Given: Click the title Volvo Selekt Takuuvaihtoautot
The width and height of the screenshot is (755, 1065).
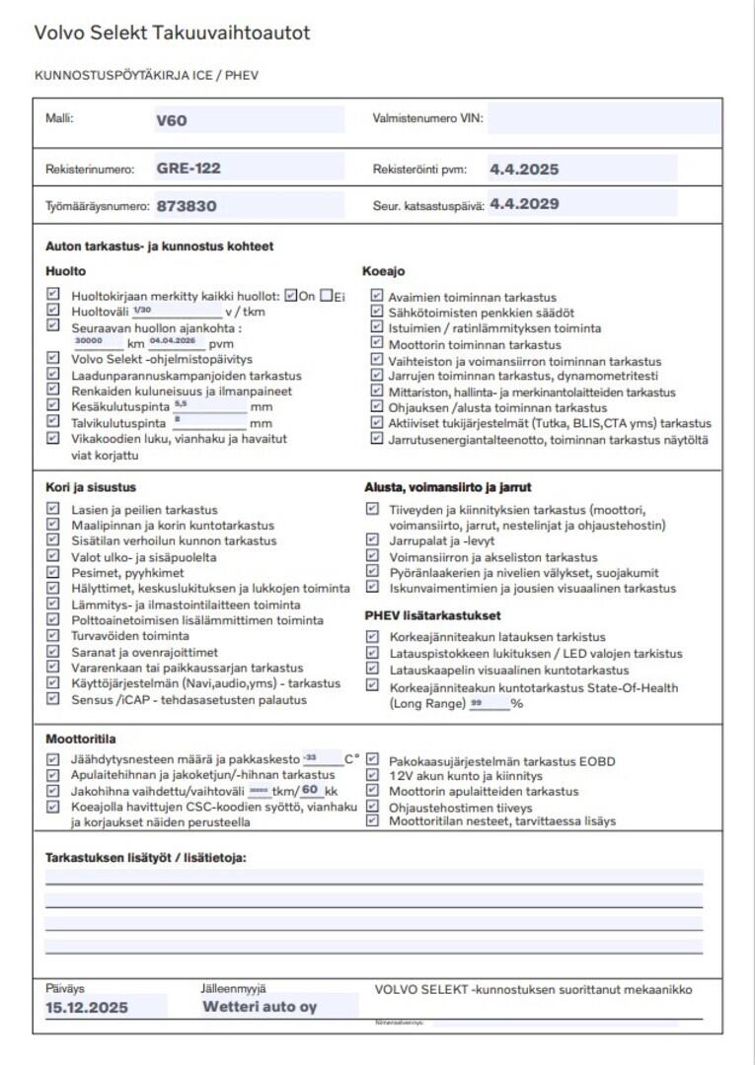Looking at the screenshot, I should pos(172,34).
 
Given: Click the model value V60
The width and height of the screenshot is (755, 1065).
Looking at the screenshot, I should pos(171,121).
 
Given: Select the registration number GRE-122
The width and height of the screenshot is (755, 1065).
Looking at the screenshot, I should pos(188,169).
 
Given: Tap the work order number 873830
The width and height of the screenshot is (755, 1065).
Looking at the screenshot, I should pos(186,206).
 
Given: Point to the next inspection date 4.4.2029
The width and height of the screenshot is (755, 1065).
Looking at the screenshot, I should pos(524,205).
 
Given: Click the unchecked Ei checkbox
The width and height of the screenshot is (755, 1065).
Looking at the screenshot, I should pos(326,295).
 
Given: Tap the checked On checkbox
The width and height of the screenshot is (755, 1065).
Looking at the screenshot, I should pos(290,295).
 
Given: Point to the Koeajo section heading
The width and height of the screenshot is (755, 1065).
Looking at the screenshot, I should pos(384,271).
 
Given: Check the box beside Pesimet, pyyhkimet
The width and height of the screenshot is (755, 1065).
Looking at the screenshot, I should pos(53,572).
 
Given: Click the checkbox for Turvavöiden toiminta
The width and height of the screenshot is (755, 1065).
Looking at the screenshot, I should pos(53,635).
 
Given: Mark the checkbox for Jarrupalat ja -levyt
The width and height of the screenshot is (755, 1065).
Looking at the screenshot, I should pos(372,540).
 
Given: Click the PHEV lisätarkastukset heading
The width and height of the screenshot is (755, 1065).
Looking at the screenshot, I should pos(432,616).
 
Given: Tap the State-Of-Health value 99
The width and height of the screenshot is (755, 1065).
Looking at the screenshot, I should pos(478,703).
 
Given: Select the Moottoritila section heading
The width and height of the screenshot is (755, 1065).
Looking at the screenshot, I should pos(79,739).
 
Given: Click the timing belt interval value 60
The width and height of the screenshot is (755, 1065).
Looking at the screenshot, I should pos(310,791).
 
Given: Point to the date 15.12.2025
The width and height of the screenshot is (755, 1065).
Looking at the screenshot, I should pos(87,1008).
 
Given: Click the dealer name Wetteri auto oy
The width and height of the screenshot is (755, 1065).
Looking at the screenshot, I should pos(260,1007).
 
